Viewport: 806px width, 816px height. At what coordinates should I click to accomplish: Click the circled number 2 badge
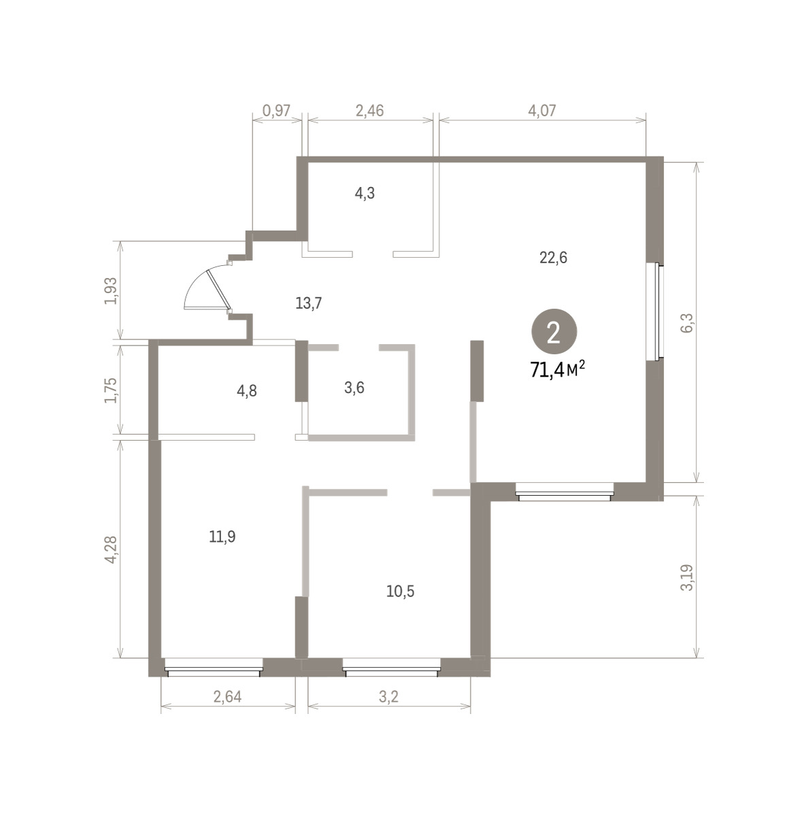(x=554, y=334)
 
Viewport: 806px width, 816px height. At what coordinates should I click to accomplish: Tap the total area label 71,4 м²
(x=557, y=370)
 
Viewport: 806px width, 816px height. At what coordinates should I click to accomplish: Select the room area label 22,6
(x=553, y=258)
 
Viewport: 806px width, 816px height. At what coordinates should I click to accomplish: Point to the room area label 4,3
(x=365, y=194)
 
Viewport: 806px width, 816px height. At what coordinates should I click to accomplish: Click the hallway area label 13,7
(x=309, y=303)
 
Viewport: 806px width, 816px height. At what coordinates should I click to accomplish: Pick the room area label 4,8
(x=247, y=391)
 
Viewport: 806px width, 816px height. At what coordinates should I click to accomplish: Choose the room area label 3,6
(x=354, y=388)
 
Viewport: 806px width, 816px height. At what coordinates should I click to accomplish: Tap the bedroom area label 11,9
(x=222, y=537)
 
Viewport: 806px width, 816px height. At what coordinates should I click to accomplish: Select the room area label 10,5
(x=400, y=591)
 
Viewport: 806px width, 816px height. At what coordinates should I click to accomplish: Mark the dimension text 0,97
(x=276, y=111)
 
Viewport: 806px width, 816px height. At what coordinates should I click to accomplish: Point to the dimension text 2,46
(x=369, y=111)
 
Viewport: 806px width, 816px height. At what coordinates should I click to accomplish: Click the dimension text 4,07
(x=541, y=111)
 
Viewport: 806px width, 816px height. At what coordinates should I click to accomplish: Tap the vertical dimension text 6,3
(x=688, y=322)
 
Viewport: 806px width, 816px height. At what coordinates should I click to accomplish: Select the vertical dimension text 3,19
(x=687, y=577)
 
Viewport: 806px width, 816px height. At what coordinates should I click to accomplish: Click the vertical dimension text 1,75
(x=112, y=390)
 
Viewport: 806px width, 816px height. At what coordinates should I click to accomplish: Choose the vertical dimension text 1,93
(x=112, y=290)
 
